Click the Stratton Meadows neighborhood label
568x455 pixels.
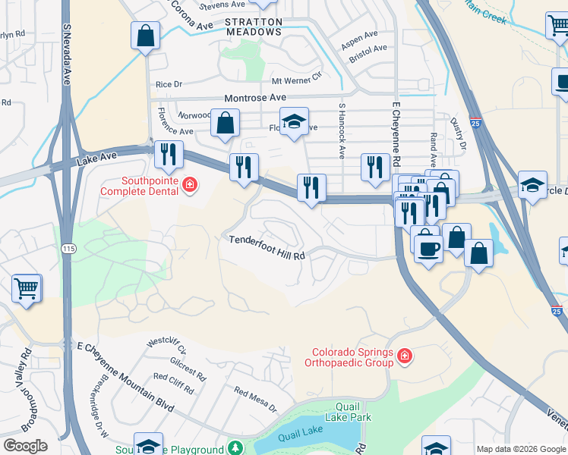pyautogui.click(x=254, y=27)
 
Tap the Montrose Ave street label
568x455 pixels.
pyautogui.click(x=254, y=98)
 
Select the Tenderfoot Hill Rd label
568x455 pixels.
pyautogui.click(x=267, y=240)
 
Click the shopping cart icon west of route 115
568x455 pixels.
pyautogui.click(x=27, y=289)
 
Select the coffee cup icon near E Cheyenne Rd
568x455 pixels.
pyautogui.click(x=428, y=248)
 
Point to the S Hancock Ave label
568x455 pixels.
pyautogui.click(x=342, y=130)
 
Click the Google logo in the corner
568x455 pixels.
pyautogui.click(x=25, y=446)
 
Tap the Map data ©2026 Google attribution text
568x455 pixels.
pyautogui.click(x=521, y=449)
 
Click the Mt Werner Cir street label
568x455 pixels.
pyautogui.click(x=297, y=80)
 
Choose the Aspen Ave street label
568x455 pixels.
pyautogui.click(x=359, y=36)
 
